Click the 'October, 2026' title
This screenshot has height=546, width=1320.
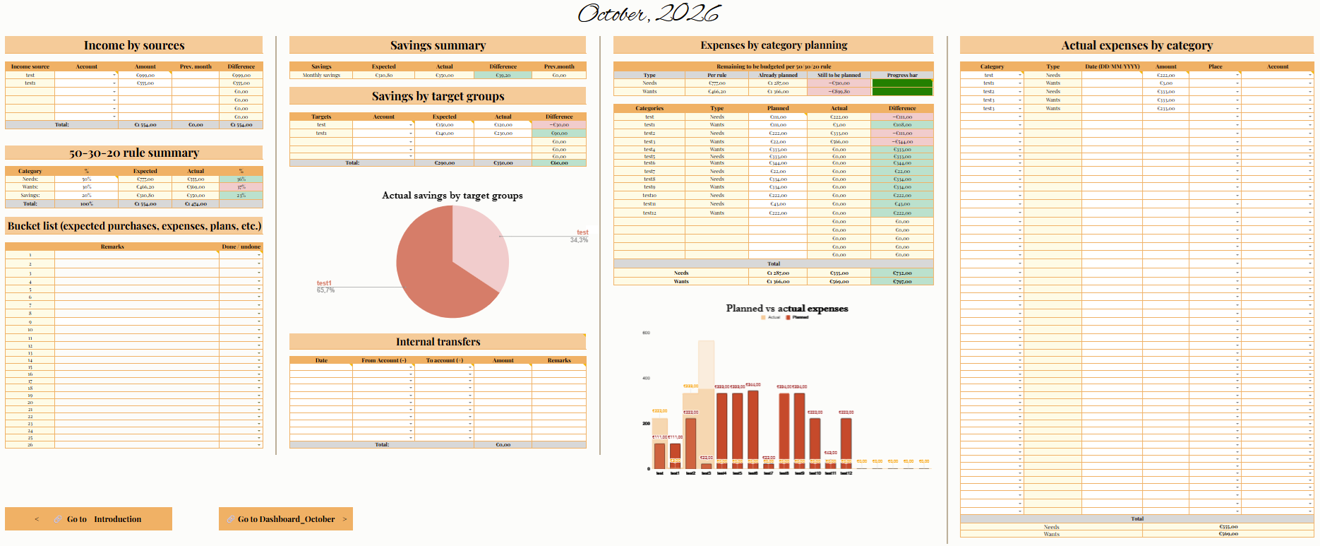pos(649,13)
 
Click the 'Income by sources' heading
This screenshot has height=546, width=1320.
pos(134,45)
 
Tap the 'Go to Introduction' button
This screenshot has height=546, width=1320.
pos(89,519)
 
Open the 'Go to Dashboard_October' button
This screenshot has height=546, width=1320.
pos(286,519)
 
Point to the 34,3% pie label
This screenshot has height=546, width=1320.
pos(579,240)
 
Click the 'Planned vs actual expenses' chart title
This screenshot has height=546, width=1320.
pos(787,309)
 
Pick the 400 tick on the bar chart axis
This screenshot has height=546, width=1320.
pos(646,378)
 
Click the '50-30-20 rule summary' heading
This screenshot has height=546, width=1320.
pos(134,153)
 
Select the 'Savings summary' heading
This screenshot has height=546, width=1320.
pos(438,45)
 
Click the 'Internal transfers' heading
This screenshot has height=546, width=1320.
pos(438,342)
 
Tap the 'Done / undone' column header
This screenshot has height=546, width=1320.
pos(241,247)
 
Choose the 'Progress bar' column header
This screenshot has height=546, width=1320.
pos(902,75)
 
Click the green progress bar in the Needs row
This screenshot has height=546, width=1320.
pos(902,83)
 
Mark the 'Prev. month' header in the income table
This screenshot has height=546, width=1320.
pos(196,66)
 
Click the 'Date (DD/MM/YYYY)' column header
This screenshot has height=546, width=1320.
pos(1112,66)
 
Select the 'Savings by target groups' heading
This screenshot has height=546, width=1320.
pos(438,96)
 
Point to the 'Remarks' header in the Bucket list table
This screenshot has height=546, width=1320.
pos(112,247)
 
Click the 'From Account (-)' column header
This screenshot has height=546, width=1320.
pos(383,360)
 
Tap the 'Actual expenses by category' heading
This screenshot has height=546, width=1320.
pos(1136,45)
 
